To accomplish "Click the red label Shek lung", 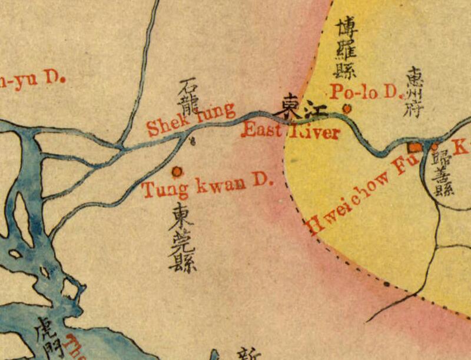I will tap(190, 118).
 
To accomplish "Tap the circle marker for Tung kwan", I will tap(176, 171).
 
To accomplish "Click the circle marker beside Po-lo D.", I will tap(347, 108).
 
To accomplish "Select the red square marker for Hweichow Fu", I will tap(415, 146).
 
